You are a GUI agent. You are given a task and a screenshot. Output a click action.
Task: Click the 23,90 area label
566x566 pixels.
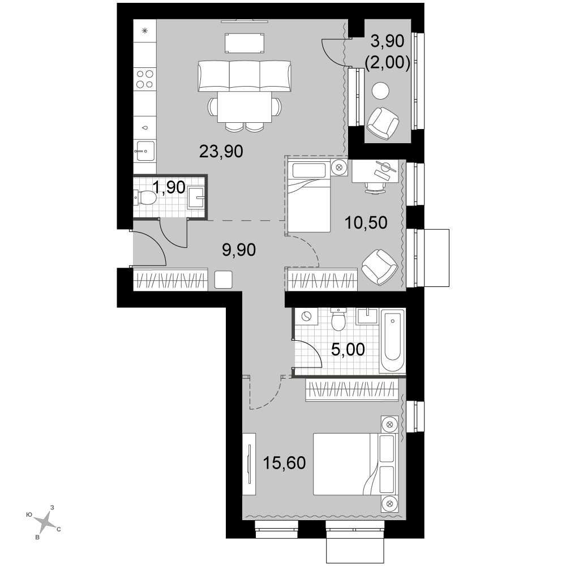tap(221, 152)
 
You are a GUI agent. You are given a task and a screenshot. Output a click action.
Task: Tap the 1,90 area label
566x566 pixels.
tap(169, 187)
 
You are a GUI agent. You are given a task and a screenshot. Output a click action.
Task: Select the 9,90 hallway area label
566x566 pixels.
tap(239, 250)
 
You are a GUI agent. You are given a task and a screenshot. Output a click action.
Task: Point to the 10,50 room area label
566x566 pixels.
tap(366, 222)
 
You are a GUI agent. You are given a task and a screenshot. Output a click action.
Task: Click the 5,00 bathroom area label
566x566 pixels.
tap(348, 349)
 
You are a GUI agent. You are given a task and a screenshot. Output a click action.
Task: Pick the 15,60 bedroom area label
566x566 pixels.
tap(285, 463)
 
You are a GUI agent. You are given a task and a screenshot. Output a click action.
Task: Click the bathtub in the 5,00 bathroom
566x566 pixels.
tap(393, 340)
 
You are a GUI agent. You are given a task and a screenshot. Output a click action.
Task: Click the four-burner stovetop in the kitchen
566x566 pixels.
tap(145, 79)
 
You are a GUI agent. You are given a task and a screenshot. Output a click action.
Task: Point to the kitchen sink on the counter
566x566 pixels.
tap(144, 151)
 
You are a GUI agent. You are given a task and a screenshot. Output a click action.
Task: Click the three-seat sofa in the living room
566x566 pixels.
tap(245, 76)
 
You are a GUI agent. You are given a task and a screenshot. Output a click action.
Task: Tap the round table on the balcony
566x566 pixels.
tap(381, 91)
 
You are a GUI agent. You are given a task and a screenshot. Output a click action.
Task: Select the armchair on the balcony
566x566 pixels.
tap(383, 123)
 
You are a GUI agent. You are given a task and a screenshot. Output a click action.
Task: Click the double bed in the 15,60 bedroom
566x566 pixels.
tap(355, 464)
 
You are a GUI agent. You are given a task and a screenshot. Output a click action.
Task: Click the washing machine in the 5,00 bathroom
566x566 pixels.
tap(306, 316)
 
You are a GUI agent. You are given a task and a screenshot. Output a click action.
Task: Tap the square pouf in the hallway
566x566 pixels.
tap(224, 280)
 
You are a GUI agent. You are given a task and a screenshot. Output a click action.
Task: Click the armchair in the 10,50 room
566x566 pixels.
tap(379, 267)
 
